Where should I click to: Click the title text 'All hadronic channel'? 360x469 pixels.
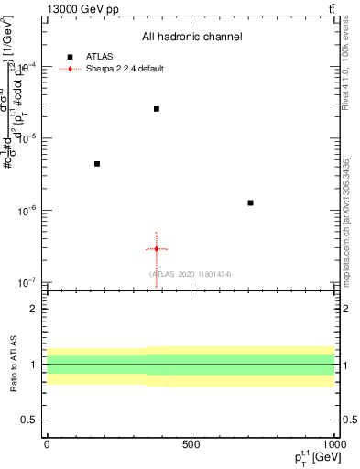[191, 37]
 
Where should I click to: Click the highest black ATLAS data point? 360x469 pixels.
[157, 109]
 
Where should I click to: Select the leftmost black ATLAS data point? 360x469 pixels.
[97, 164]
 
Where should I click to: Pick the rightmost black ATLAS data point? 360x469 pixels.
[250, 202]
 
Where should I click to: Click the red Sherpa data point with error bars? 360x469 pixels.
[157, 249]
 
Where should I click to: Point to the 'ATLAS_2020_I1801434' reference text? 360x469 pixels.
[191, 274]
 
